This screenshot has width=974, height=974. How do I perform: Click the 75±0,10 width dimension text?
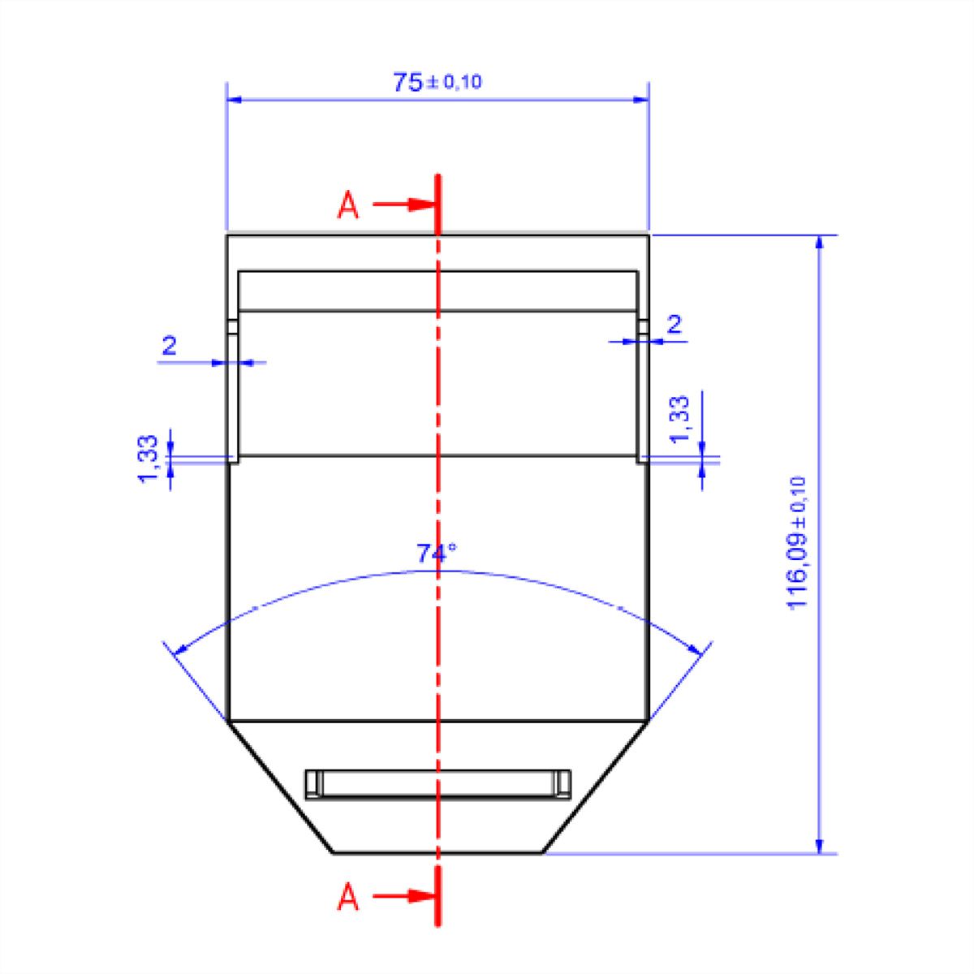(x=437, y=81)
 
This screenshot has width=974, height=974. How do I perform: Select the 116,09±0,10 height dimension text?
(x=796, y=543)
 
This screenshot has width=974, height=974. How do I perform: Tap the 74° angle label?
(x=436, y=554)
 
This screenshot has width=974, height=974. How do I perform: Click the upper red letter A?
(x=347, y=205)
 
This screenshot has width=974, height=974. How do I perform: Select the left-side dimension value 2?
(x=170, y=346)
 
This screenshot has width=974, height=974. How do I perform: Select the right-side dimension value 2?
(x=674, y=324)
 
